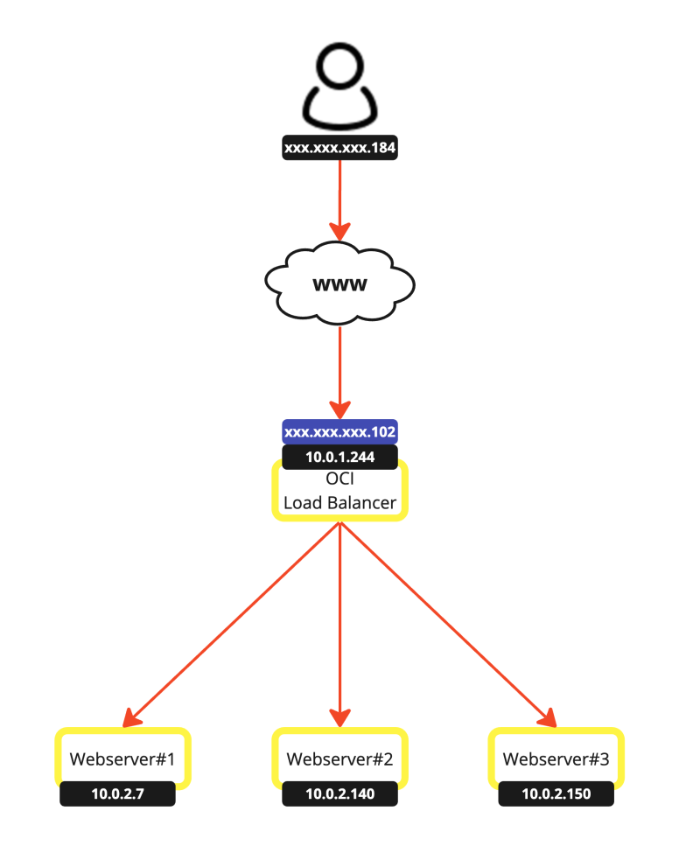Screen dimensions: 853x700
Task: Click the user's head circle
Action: [340, 67]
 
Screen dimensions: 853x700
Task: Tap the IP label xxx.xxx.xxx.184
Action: [340, 149]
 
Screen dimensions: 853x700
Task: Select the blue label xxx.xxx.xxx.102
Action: [340, 432]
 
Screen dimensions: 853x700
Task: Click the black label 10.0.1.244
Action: [340, 457]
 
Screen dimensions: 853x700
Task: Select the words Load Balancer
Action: [340, 504]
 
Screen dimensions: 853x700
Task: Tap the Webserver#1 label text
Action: [122, 759]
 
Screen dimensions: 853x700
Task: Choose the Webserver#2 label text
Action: [340, 759]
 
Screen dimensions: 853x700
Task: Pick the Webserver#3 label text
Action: [556, 759]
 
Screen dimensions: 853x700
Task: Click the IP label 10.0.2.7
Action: [117, 794]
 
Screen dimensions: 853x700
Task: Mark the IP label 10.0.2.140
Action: [340, 794]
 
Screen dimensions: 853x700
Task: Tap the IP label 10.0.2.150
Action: [556, 794]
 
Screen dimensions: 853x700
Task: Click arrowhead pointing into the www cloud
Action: [340, 231]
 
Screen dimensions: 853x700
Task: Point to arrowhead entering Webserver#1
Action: [134, 717]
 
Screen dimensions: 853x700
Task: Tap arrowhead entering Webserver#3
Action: [547, 717]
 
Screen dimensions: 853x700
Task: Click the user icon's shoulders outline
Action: [340, 109]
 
